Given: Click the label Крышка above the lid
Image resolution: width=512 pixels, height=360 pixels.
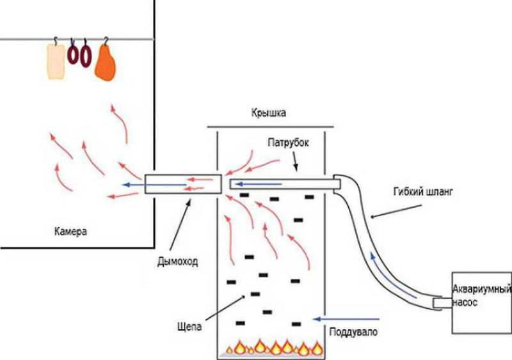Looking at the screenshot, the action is click(x=268, y=113).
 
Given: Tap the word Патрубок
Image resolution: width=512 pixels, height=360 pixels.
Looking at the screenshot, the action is click(x=288, y=143).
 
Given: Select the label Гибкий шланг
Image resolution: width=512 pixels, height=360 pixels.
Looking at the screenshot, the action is click(x=423, y=192).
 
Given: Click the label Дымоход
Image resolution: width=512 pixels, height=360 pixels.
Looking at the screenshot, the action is click(x=178, y=262).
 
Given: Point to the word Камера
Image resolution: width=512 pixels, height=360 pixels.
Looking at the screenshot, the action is click(x=70, y=231).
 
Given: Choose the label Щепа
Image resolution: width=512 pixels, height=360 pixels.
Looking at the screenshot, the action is click(x=189, y=326).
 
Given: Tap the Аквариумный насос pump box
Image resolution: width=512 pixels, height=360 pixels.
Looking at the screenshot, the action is click(x=482, y=302).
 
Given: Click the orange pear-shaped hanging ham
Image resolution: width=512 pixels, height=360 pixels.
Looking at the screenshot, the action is click(x=105, y=63).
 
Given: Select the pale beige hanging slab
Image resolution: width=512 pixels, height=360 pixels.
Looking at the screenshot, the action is click(x=56, y=61).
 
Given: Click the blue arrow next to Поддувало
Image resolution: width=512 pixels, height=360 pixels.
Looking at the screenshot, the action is click(x=346, y=319).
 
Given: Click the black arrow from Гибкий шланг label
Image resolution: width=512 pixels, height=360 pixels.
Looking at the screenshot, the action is click(x=396, y=211).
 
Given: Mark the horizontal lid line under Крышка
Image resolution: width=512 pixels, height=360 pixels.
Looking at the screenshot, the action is click(x=270, y=127).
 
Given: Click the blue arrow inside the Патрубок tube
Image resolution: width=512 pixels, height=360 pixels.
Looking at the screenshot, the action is click(x=259, y=184).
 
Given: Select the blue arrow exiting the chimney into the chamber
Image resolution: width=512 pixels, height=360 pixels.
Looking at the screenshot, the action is click(x=154, y=185).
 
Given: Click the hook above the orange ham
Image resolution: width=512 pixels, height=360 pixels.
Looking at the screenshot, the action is click(x=106, y=41).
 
